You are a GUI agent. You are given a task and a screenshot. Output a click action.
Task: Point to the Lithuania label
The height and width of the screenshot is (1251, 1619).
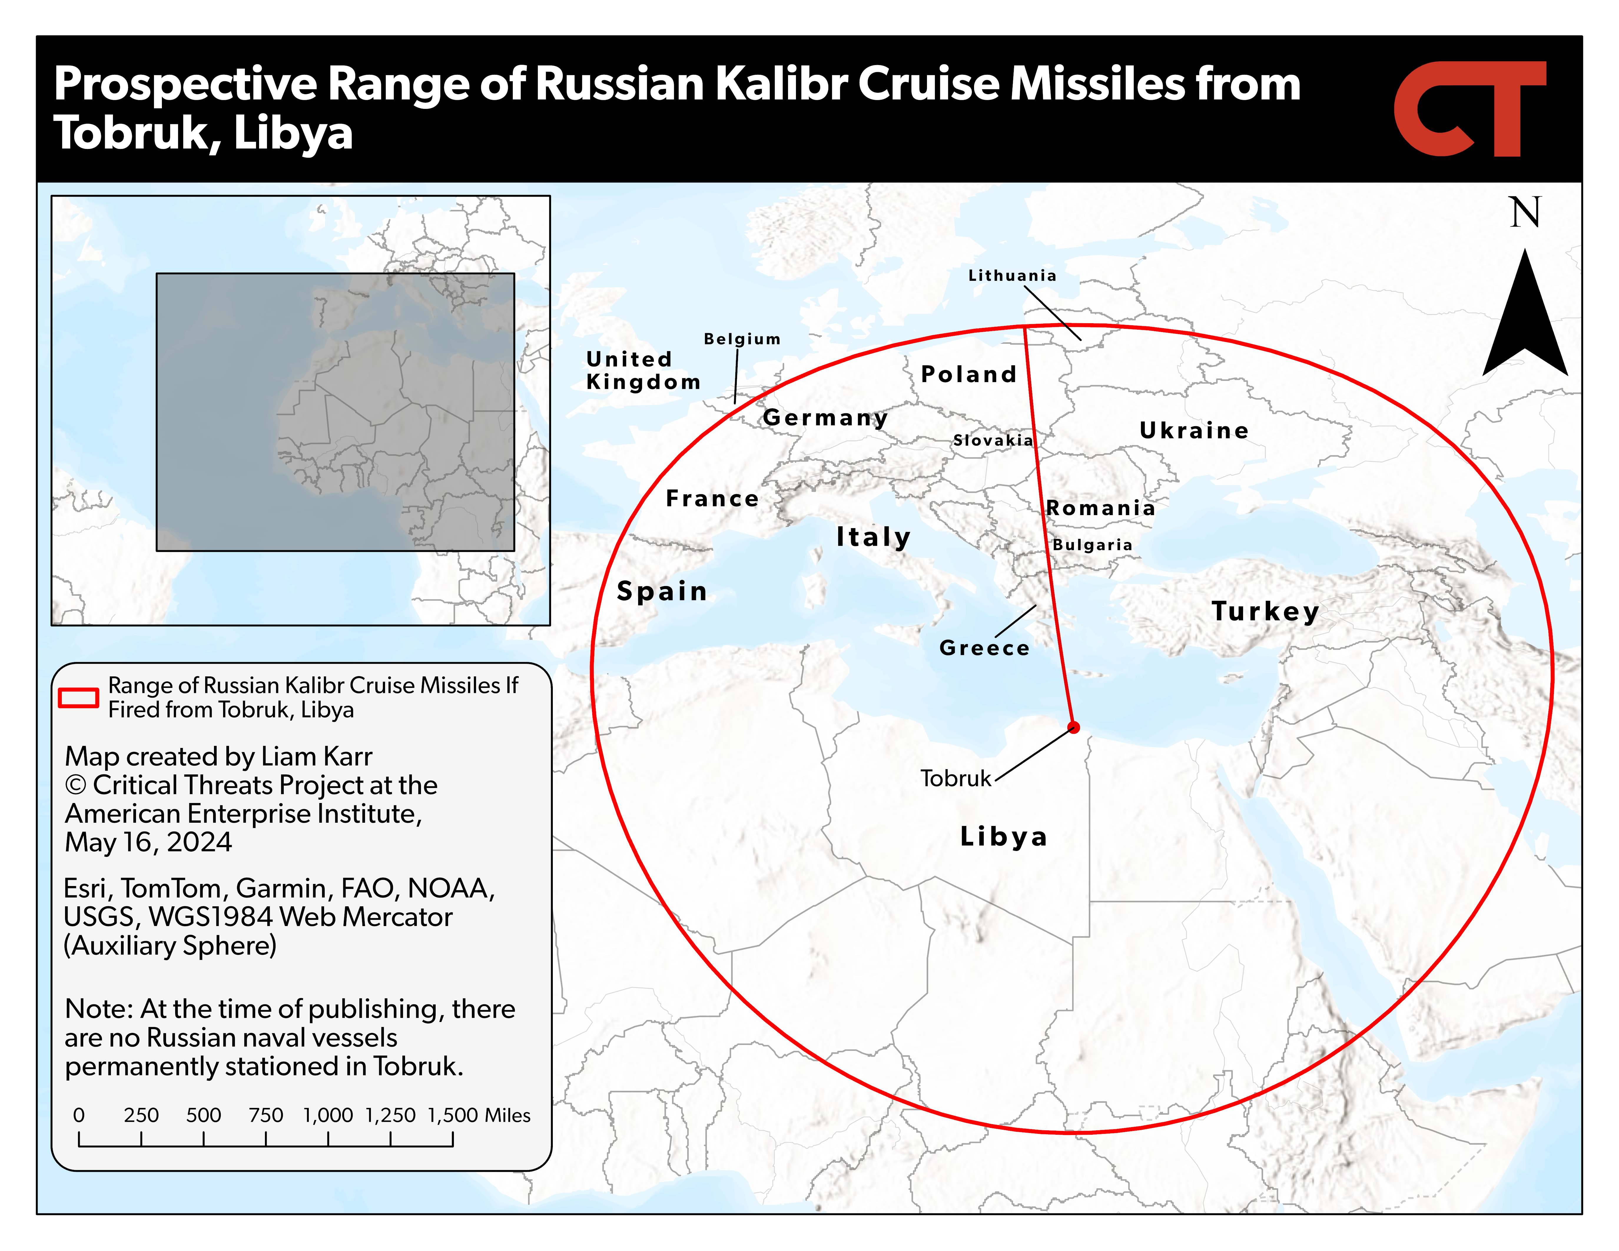tap(1012, 276)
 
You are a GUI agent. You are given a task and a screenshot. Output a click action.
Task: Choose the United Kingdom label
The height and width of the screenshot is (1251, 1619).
tap(643, 371)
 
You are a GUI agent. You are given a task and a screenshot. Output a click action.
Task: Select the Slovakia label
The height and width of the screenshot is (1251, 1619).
tap(993, 440)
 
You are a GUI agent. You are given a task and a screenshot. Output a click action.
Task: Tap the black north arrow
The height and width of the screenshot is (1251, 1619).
tap(1525, 319)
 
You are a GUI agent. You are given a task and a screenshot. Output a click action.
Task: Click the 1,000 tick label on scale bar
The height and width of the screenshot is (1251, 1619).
tap(328, 1115)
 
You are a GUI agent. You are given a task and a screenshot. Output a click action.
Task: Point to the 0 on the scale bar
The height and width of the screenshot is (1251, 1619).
tap(79, 1115)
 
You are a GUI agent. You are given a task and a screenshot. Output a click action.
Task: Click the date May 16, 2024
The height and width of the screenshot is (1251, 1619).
tap(148, 843)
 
